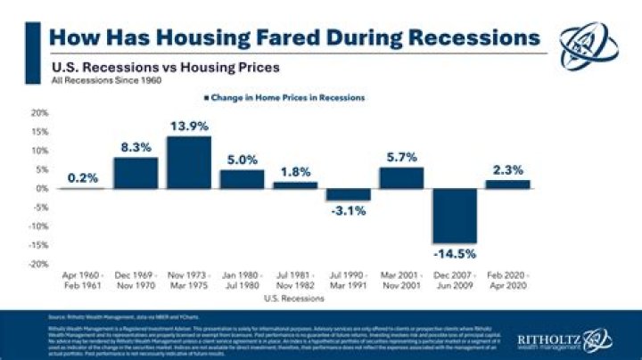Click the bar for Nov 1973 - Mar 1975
click(188, 162)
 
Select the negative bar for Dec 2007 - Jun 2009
click(454, 216)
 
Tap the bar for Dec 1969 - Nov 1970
click(136, 173)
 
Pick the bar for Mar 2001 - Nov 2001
click(401, 178)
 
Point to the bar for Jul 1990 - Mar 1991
click(348, 194)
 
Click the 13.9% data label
click(188, 125)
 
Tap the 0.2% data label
click(83, 177)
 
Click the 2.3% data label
click(506, 168)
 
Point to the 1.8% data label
click(295, 171)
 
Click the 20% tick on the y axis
click(40, 113)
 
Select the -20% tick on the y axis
click(38, 265)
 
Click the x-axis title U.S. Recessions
click(294, 300)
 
